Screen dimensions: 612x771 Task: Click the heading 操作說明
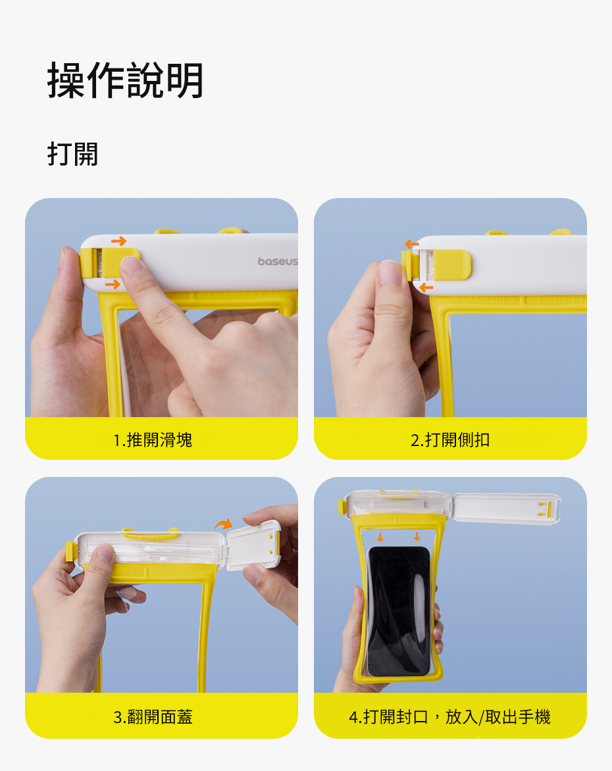point(125,81)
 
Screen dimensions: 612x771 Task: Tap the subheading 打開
point(73,154)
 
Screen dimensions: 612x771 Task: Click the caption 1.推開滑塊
point(153,439)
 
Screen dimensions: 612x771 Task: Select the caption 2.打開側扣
point(450,439)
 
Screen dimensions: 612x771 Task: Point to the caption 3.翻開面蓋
point(153,717)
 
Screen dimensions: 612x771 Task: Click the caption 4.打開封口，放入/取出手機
point(449,717)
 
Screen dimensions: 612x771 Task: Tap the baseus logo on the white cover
point(278,261)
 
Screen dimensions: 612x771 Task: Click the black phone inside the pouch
point(399,611)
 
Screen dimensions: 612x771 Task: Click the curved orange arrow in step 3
point(224,524)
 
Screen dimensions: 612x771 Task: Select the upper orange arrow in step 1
point(118,241)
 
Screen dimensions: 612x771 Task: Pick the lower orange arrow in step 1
point(113,284)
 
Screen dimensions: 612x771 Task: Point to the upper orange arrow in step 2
point(412,244)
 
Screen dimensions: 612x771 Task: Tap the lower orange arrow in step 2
point(426,287)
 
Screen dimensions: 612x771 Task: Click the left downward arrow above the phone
point(380,537)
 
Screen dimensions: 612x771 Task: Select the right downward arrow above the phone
point(417,536)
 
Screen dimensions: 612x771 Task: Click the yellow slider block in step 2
point(451,264)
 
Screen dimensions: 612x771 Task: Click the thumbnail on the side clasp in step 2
point(391,272)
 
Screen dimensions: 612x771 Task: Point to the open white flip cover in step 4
point(507,509)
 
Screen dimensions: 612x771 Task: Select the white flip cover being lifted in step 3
point(254,545)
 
